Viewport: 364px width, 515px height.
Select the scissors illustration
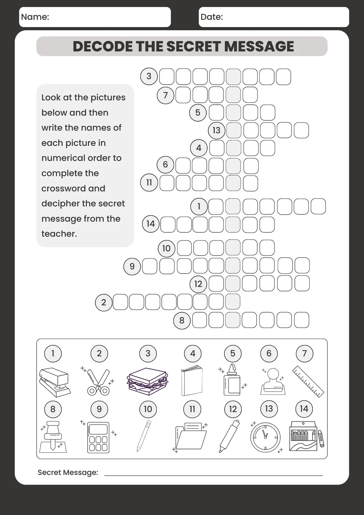pyautogui.click(x=98, y=382)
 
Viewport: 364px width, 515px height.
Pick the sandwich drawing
pyautogui.click(x=148, y=381)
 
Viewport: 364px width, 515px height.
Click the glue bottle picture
pyautogui.click(x=232, y=381)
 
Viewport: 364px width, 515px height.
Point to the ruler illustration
pyautogui.click(x=308, y=381)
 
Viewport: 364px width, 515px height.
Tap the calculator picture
pyautogui.click(x=98, y=437)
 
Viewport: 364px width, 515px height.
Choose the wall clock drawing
pyautogui.click(x=265, y=437)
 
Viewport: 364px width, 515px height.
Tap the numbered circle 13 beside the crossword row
pyautogui.click(x=216, y=130)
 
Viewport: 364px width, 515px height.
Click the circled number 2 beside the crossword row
pyautogui.click(x=104, y=303)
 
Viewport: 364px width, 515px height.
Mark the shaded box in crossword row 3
pyautogui.click(x=233, y=77)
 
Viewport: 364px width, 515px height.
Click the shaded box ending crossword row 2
pyautogui.click(x=233, y=302)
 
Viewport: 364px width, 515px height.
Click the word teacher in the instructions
pyautogui.click(x=59, y=234)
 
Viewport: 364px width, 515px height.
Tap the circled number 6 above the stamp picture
pyautogui.click(x=269, y=353)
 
